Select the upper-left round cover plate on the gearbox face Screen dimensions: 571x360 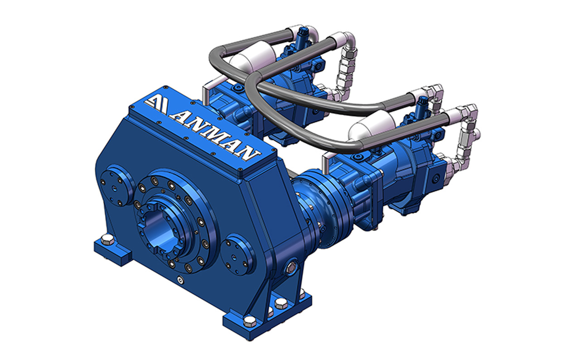[117, 185]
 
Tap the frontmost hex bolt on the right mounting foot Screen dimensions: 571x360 [250, 321]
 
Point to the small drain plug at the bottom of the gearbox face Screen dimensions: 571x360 [181, 280]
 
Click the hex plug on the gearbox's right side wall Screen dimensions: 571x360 [290, 267]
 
